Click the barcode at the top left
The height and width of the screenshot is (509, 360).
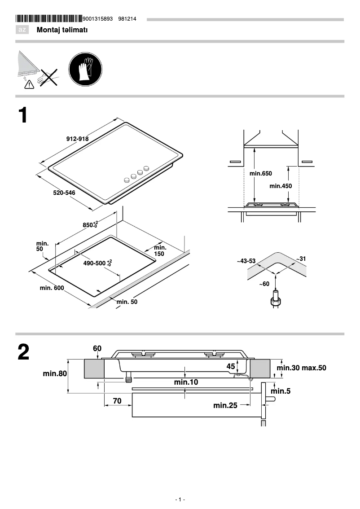click(x=49, y=19)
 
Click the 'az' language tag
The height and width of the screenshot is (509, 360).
click(x=22, y=30)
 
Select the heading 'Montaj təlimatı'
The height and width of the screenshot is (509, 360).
click(x=62, y=30)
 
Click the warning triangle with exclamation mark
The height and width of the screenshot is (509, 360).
click(x=29, y=83)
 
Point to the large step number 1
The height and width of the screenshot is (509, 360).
click(x=23, y=115)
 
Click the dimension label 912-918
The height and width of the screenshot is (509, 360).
click(x=77, y=139)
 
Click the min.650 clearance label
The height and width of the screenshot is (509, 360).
click(x=260, y=173)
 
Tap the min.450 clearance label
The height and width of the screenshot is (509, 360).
click(x=281, y=186)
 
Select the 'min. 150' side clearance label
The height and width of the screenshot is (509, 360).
click(x=160, y=250)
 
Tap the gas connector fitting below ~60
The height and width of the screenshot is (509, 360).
click(x=276, y=299)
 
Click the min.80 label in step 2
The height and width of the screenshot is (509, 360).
click(x=55, y=373)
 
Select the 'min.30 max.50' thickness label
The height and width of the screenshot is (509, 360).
click(x=301, y=368)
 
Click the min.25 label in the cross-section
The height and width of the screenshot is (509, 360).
click(x=225, y=405)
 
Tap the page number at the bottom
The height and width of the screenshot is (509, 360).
click(x=180, y=500)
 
